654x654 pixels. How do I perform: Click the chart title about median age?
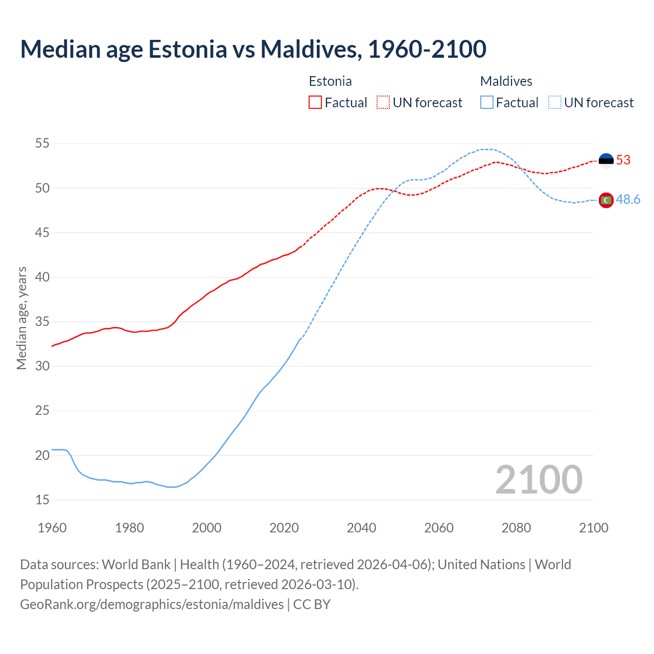(x=253, y=49)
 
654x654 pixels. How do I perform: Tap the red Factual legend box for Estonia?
(x=315, y=103)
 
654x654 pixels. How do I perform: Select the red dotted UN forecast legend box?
(x=383, y=103)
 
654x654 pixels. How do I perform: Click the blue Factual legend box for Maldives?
(x=487, y=103)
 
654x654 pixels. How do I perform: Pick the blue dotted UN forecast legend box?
(x=555, y=103)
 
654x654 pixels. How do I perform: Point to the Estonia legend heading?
(x=330, y=81)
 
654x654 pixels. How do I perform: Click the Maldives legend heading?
(x=506, y=81)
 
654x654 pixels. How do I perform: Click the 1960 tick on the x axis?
(x=52, y=528)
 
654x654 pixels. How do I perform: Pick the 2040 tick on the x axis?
(x=361, y=528)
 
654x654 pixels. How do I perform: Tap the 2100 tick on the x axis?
(x=593, y=528)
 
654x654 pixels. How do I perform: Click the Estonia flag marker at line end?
(x=606, y=160)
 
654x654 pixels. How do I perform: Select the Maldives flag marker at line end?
(x=606, y=200)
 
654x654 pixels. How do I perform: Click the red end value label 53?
(x=623, y=160)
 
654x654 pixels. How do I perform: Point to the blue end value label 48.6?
(x=628, y=200)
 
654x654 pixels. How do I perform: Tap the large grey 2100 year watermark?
(x=539, y=479)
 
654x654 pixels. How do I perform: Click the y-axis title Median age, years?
(x=21, y=318)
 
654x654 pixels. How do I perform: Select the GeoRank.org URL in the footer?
(x=152, y=604)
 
